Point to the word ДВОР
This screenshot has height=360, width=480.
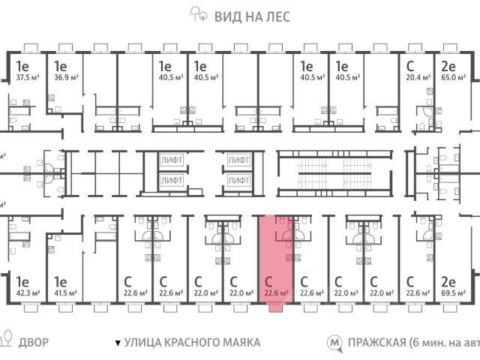point(33,343)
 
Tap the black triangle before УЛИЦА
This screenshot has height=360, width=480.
point(117,343)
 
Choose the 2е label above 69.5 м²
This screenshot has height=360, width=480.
point(449,282)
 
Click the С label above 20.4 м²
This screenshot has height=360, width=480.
point(409,65)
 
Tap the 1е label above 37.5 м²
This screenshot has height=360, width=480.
point(22,65)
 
